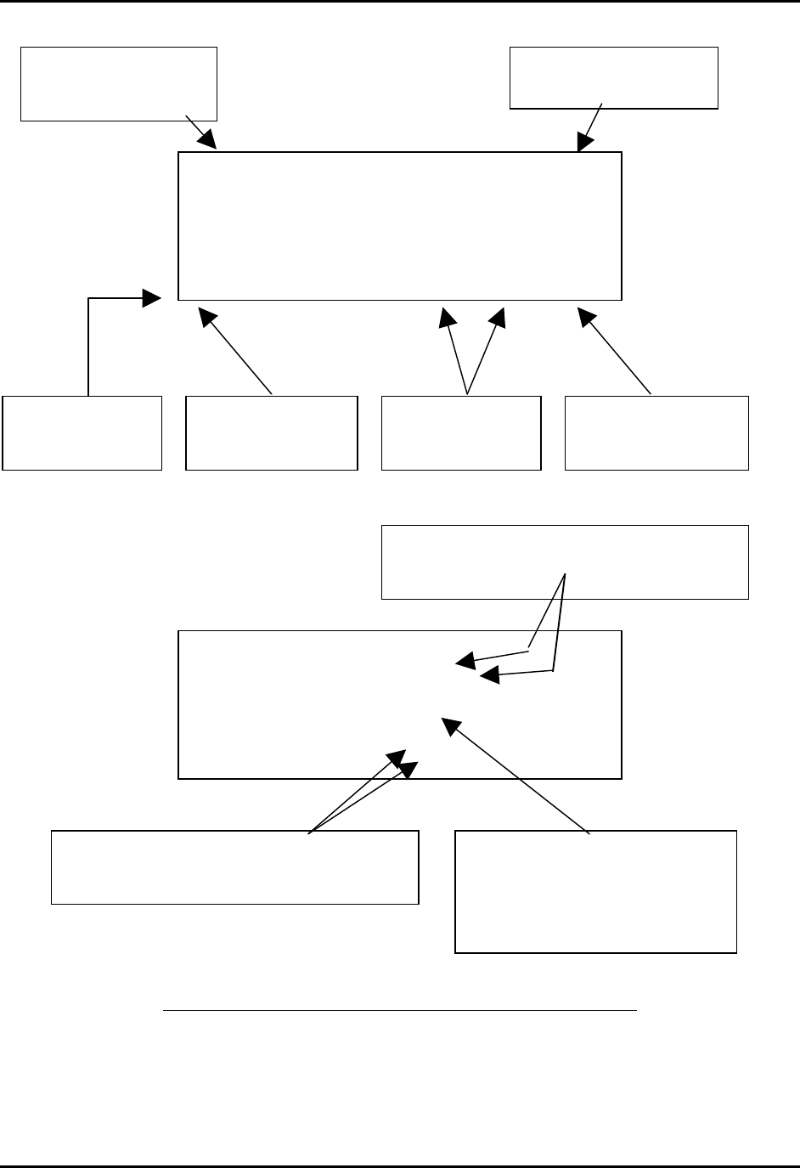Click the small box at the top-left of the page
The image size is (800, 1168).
pyautogui.click(x=119, y=84)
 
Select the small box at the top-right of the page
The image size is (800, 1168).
pyautogui.click(x=613, y=78)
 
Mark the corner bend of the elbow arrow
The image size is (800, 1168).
pyautogui.click(x=88, y=298)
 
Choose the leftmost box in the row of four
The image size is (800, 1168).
pyautogui.click(x=82, y=432)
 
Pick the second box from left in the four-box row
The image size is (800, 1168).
pyautogui.click(x=271, y=432)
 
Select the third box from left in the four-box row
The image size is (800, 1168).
pyautogui.click(x=461, y=432)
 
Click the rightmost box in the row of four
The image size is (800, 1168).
pyautogui.click(x=656, y=432)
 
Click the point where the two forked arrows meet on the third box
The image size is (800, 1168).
pyautogui.click(x=467, y=394)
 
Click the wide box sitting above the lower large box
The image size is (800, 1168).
pyautogui.click(x=565, y=562)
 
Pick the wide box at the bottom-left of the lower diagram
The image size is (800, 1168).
pyautogui.click(x=234, y=866)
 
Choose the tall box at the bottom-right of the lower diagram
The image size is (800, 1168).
pyautogui.click(x=595, y=891)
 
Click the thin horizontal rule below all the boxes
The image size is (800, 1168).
pyautogui.click(x=399, y=1011)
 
